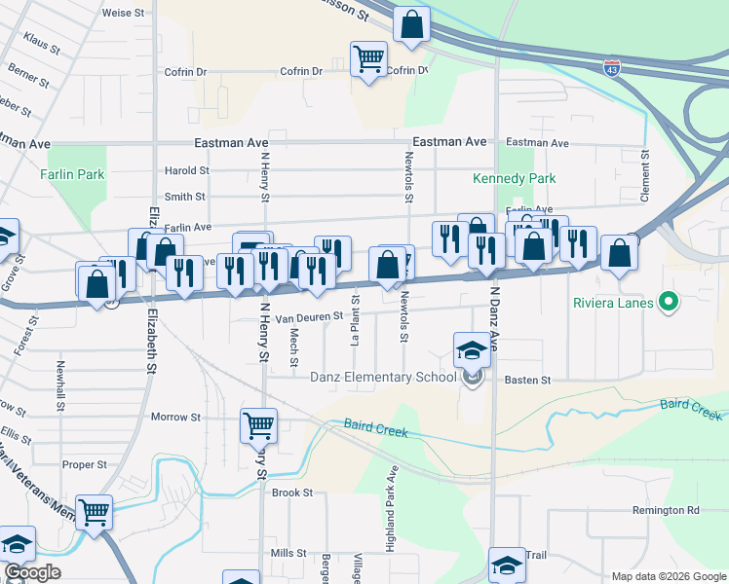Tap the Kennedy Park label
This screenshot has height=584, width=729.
pyautogui.click(x=514, y=178)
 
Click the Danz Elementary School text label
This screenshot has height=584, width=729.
pyautogui.click(x=383, y=378)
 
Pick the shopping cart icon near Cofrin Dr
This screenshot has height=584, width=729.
pyautogui.click(x=367, y=59)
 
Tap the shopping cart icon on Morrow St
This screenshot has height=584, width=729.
pyautogui.click(x=258, y=424)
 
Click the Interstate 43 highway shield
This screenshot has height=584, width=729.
pyautogui.click(x=611, y=69)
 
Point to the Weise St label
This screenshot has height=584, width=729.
pyautogui.click(x=123, y=15)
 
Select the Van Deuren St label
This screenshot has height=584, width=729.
pyautogui.click(x=309, y=316)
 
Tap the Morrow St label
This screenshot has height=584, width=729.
pyautogui.click(x=175, y=417)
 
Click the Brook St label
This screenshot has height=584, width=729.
pyautogui.click(x=292, y=493)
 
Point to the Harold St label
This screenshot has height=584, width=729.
pyautogui.click(x=186, y=170)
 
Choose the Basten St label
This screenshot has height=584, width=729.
pyautogui.click(x=527, y=380)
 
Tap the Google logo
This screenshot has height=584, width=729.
pyautogui.click(x=32, y=572)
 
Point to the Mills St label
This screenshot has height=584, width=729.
pyautogui.click(x=289, y=553)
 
